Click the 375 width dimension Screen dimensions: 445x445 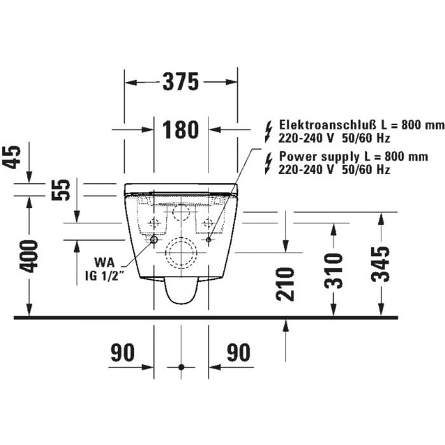(x=181, y=82)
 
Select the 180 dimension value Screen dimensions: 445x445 (x=181, y=130)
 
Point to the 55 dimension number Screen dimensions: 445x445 (x=60, y=190)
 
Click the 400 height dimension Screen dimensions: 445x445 (x=30, y=256)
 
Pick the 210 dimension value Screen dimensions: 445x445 (x=285, y=284)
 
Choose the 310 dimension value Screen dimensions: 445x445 (x=334, y=271)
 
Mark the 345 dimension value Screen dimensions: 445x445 (x=381, y=264)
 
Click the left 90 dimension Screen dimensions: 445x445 (x=122, y=352)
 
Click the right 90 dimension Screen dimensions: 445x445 (x=238, y=352)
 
